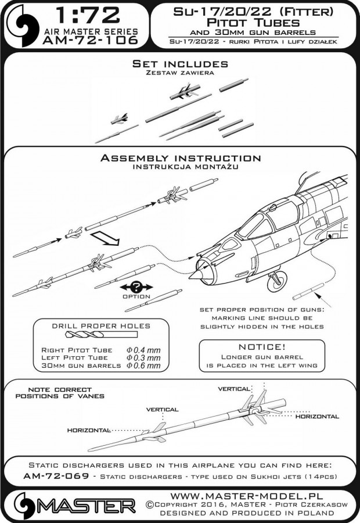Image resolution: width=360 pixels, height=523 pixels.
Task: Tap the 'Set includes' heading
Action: (179, 64)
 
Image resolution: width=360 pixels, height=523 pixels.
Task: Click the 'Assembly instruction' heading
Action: (180, 158)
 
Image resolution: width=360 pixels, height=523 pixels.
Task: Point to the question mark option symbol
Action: (135, 287)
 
